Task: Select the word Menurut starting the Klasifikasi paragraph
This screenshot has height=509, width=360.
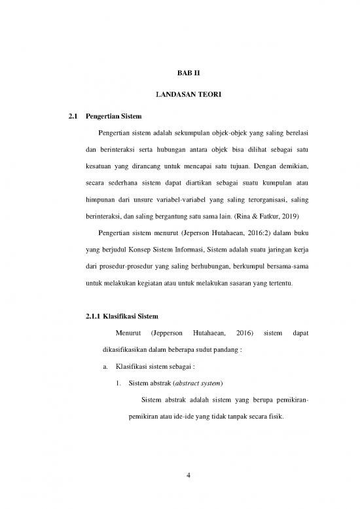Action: click(128, 335)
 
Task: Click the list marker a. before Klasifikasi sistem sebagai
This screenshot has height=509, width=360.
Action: click(106, 366)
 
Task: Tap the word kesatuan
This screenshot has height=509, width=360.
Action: click(102, 166)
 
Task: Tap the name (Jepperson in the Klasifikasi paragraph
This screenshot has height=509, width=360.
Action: click(168, 335)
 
